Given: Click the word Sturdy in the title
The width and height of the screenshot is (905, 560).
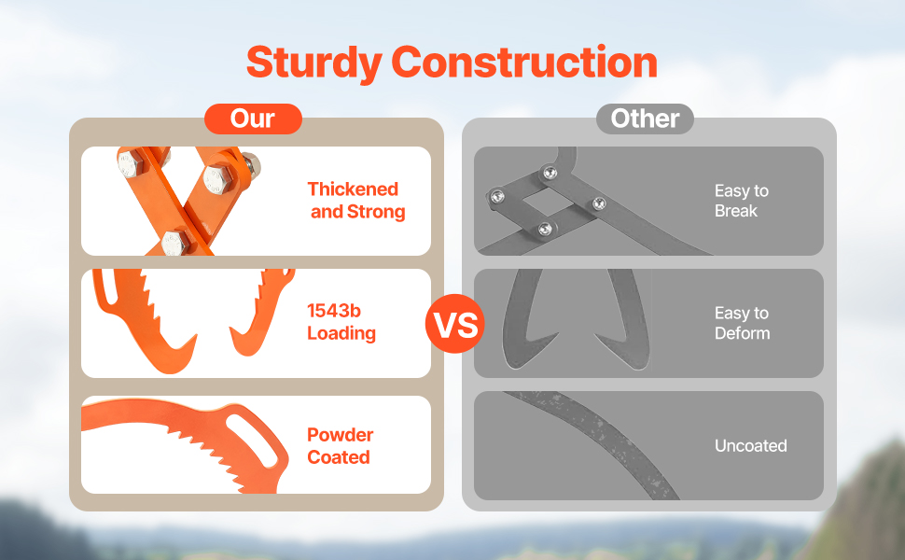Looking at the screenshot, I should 314,63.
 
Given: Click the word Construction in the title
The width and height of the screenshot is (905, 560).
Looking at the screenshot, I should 524,63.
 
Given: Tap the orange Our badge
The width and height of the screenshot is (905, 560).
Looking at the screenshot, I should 253,119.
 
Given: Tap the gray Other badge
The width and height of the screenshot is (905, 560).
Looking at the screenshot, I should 645,119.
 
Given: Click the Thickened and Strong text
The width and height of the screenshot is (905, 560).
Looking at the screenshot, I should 356,201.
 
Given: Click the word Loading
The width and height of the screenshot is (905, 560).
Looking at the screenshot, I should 341,333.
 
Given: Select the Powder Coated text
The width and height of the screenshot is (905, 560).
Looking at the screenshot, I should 340,446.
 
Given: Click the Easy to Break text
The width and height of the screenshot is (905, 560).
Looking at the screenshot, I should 741,201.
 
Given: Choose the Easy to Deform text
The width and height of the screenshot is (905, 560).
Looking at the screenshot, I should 742,323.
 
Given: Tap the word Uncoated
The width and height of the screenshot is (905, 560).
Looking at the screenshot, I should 750,446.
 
